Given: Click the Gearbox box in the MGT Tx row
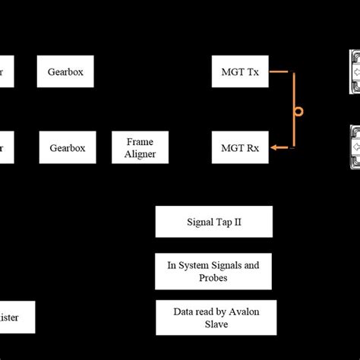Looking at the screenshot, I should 65,72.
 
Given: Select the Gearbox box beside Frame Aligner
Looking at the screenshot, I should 65,148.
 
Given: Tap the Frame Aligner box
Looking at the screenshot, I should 141,148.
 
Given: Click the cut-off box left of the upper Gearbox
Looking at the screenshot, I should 5,72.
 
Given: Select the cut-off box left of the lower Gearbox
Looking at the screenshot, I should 5,148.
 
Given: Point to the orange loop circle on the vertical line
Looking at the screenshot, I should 298,112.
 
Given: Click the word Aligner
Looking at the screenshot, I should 141,154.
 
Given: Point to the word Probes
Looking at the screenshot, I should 213,277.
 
